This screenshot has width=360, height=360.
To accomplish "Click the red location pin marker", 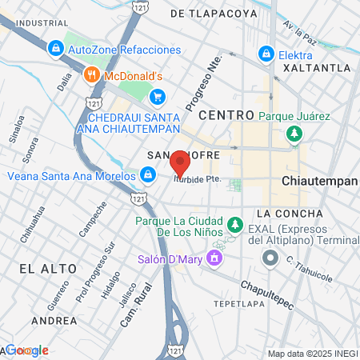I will [x=179, y=164].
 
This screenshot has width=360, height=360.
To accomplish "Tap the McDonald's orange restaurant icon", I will [x=90, y=75].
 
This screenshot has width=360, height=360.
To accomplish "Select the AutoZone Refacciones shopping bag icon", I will [x=55, y=50].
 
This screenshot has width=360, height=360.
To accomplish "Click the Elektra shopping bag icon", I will [x=264, y=54].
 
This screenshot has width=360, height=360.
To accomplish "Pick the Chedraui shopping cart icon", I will [x=158, y=98].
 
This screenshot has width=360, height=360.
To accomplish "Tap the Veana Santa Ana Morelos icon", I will [x=148, y=174].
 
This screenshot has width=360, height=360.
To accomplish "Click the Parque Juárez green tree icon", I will [x=295, y=132].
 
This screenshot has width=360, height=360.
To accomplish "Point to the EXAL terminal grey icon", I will [x=270, y=258].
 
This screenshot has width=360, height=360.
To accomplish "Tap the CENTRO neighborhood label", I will [x=226, y=115].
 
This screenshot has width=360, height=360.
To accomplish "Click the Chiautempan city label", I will [x=319, y=182].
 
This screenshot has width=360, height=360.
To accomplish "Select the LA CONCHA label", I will [x=290, y=214].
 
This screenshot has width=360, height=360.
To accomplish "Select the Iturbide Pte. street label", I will [x=197, y=180].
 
